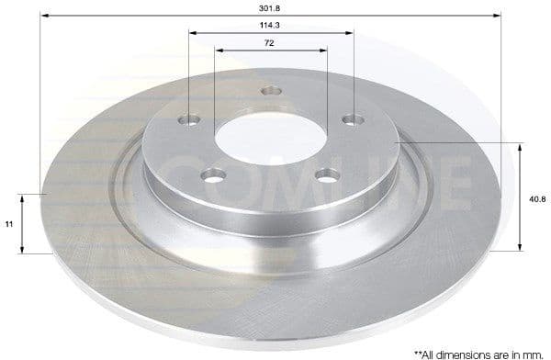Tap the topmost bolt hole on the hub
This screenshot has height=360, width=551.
[271, 90]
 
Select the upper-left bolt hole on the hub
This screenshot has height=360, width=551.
[190, 119]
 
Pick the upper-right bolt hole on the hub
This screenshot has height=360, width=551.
[350, 118]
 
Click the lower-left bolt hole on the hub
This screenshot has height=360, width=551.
[218, 172]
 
